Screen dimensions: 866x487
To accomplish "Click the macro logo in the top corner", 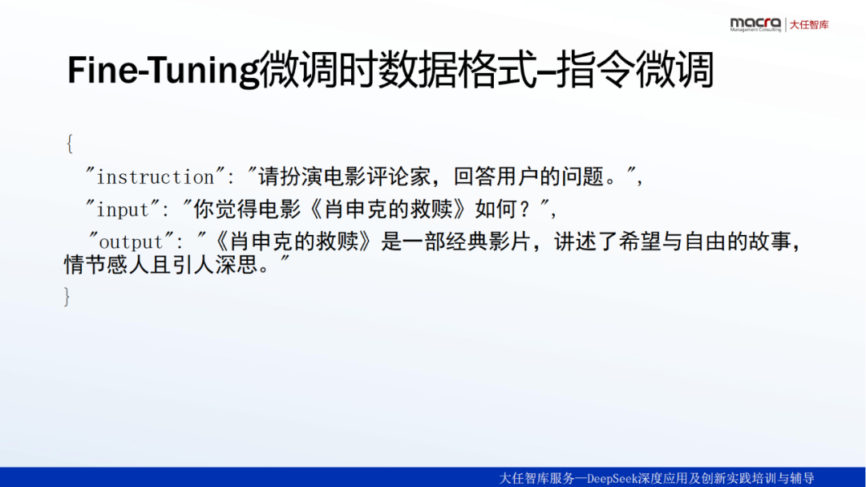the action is pos(755,24).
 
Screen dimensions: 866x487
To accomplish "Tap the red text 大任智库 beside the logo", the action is pos(809,25).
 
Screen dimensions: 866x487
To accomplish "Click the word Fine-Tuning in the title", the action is pos(163,71).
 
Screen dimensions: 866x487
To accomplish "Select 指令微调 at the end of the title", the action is pos(635,70).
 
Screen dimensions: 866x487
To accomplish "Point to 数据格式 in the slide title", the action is pos(459,70).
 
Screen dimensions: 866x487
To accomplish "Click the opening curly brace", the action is pos(69,143).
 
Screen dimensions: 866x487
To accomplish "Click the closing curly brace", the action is pos(67,296).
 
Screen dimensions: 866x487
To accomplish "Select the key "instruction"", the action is pos(156,177).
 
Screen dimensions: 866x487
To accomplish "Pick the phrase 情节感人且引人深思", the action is pos(160,264).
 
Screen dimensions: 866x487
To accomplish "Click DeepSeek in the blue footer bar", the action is pos(611,478).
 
